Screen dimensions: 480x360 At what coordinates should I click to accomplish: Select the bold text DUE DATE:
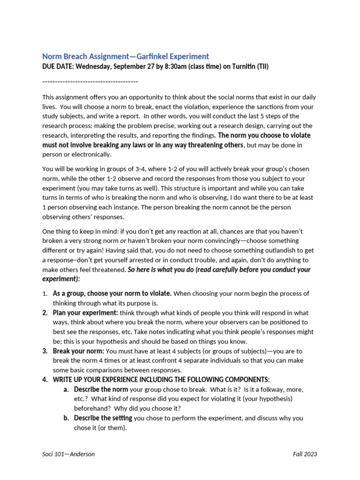(58, 67)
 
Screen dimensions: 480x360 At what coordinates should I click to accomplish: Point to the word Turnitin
(238, 67)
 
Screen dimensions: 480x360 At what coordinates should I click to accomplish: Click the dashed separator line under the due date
(90, 82)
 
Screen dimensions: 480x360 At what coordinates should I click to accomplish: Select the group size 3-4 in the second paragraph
(134, 169)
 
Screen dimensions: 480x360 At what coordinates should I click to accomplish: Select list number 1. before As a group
(45, 294)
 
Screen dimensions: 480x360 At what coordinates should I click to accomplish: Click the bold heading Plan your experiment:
(85, 313)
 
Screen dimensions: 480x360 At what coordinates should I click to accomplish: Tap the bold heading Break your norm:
(79, 351)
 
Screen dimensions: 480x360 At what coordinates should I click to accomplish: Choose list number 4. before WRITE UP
(45, 380)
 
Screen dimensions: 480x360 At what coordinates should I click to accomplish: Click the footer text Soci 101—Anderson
(68, 454)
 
